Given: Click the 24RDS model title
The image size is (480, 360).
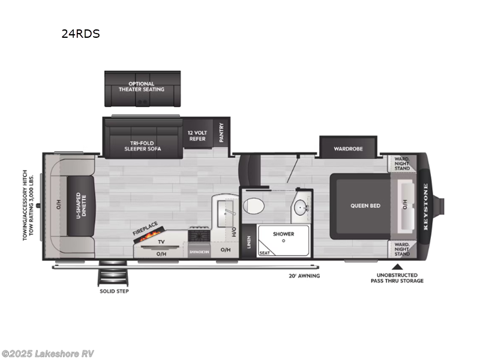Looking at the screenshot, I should [x=80, y=34].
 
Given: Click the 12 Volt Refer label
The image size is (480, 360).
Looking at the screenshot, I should [x=197, y=136].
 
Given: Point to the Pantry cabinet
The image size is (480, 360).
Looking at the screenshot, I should [x=221, y=131].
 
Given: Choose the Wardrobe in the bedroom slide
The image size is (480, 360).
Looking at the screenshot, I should [x=349, y=148].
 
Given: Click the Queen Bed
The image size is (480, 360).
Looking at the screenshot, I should [x=365, y=206].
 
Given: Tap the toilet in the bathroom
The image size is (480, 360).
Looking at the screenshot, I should [x=254, y=206].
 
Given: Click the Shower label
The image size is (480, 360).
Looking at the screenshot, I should [x=283, y=234].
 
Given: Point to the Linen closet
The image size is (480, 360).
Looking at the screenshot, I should [x=248, y=242].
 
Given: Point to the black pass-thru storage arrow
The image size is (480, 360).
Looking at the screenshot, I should [x=396, y=266].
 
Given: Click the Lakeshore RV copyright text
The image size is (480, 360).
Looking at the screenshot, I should [x=48, y=353].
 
